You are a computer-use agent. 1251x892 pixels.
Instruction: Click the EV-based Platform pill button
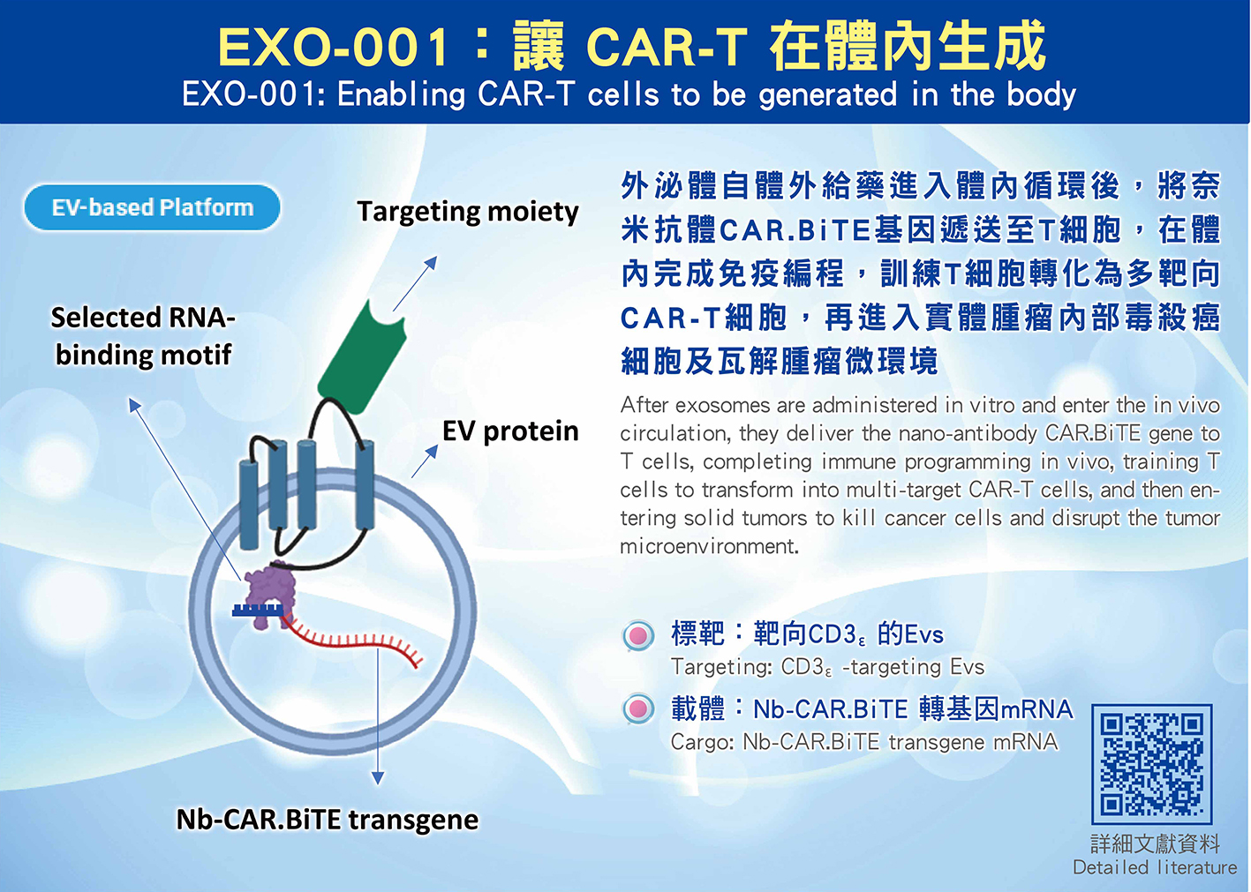[x=152, y=207]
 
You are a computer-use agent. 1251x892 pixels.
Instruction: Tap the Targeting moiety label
[x=468, y=212]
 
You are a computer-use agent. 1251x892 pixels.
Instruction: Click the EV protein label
[x=510, y=431]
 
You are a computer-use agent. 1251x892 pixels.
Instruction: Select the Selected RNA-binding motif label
[x=143, y=336]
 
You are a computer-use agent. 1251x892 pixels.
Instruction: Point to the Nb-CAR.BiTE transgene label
[x=328, y=820]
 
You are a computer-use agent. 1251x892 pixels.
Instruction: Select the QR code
[x=1151, y=764]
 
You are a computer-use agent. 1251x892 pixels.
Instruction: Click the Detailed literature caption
[x=1155, y=867]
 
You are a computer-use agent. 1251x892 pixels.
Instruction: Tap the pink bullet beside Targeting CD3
[x=638, y=635]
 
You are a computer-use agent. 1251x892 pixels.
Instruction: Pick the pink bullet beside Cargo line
[x=638, y=708]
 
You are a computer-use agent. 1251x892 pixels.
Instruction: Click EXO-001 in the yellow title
[x=334, y=48]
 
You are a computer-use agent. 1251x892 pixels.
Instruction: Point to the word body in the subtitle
[x=1041, y=95]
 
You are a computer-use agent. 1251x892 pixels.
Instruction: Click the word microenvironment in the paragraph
[x=708, y=546]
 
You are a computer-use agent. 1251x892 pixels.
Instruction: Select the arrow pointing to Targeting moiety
[x=415, y=283]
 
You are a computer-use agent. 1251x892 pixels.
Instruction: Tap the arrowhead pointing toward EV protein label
[x=432, y=451]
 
